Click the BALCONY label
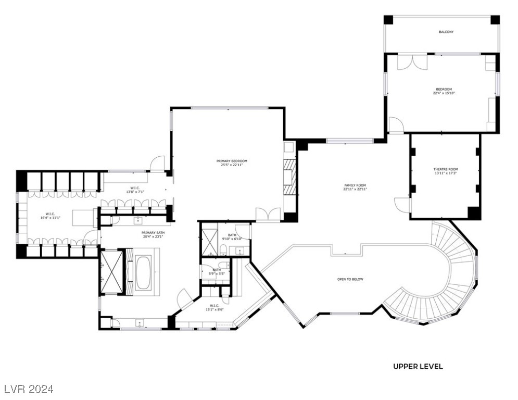point(446,32)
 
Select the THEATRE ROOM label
point(446,169)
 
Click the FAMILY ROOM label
point(355,185)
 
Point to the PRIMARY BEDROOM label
point(232,161)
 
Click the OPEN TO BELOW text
point(350,279)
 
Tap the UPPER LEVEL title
point(418,366)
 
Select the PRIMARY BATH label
point(153,233)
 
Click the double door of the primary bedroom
point(268,214)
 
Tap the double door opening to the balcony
point(412,61)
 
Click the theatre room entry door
point(402,204)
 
